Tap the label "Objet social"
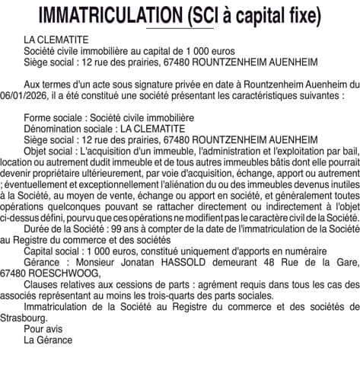click(49, 152)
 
